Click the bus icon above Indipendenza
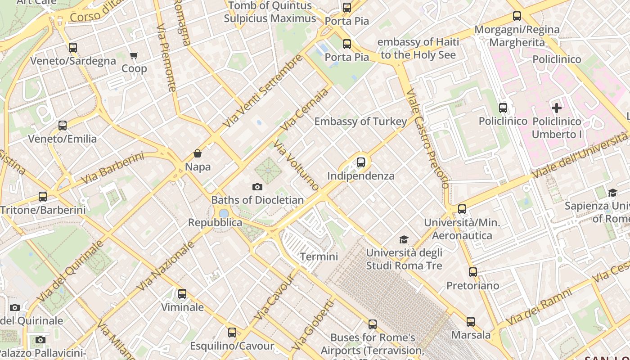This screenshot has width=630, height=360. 361,162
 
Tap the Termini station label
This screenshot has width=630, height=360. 319,256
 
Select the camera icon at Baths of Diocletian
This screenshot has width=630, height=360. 257,187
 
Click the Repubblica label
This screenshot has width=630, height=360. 215,223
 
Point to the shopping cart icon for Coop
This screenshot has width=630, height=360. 134,56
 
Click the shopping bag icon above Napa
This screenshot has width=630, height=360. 197,153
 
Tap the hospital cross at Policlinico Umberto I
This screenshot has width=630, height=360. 557,108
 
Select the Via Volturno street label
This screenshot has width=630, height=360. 296,165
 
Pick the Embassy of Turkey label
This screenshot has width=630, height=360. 360,121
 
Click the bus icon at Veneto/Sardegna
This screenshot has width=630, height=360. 73,48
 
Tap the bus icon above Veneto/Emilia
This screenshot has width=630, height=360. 63,126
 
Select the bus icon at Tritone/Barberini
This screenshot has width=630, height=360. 43,197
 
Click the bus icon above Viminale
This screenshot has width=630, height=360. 182,294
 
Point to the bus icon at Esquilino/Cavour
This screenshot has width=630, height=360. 232,333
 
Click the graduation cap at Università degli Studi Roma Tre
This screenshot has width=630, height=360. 404,239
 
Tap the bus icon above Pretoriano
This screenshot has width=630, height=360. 472,272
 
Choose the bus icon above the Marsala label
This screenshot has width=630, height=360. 471,322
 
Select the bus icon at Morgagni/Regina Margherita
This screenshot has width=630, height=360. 517,17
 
